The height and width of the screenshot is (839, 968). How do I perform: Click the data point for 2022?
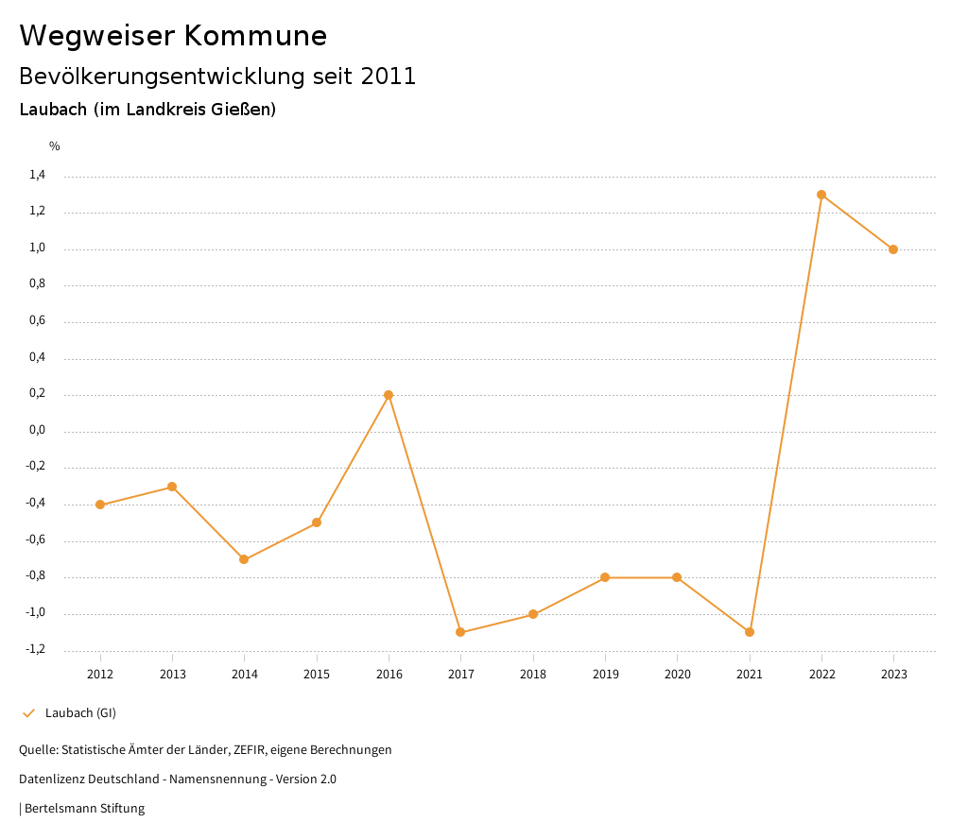click(x=821, y=195)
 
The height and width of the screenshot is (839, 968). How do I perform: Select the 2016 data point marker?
click(x=389, y=395)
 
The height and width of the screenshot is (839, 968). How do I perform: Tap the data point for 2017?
click(x=460, y=632)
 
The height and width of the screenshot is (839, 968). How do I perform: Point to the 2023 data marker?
click(x=893, y=249)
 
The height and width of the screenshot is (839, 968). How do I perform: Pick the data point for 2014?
click(x=244, y=559)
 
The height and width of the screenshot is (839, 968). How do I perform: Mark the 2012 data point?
click(x=100, y=505)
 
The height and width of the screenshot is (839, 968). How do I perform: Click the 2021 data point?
click(x=750, y=632)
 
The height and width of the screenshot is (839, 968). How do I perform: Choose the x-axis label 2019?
click(x=605, y=674)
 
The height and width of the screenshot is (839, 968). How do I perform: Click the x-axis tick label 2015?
click(x=317, y=674)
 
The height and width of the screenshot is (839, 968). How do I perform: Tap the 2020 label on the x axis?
click(x=677, y=674)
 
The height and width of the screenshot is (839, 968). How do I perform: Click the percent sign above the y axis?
click(x=55, y=146)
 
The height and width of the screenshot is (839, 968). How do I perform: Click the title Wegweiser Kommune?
click(x=173, y=35)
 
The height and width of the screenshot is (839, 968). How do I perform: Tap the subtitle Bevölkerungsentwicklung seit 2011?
click(x=217, y=76)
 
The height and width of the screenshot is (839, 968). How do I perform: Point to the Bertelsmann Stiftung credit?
click(x=84, y=808)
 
